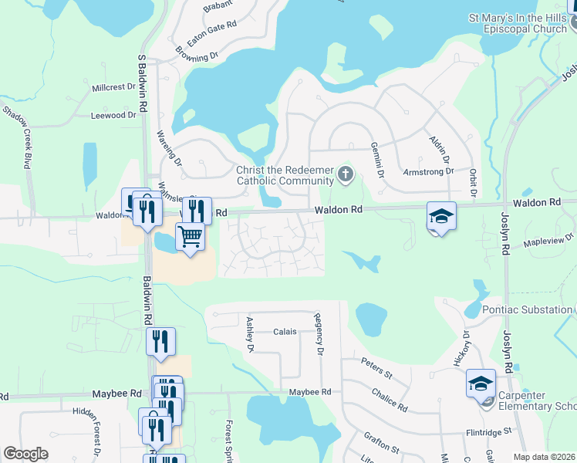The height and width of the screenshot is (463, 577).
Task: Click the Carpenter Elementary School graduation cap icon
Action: [x=481, y=383]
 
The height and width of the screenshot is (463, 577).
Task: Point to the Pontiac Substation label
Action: [x=527, y=309]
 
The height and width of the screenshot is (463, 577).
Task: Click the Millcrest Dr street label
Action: [x=113, y=88]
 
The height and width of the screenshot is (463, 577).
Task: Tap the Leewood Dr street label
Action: [x=113, y=116]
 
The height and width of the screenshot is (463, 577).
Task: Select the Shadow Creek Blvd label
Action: [x=21, y=137]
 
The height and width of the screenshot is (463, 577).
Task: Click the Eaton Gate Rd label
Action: [x=211, y=36]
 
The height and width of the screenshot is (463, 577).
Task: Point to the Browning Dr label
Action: [x=197, y=56]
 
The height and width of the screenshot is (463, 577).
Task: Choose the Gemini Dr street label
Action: [x=376, y=160]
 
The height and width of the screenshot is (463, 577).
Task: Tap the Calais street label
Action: [x=285, y=332]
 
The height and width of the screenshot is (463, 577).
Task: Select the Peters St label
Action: [x=377, y=367]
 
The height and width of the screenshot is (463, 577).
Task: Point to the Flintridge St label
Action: [x=489, y=433]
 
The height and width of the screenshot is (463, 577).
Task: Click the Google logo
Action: [x=25, y=454]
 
